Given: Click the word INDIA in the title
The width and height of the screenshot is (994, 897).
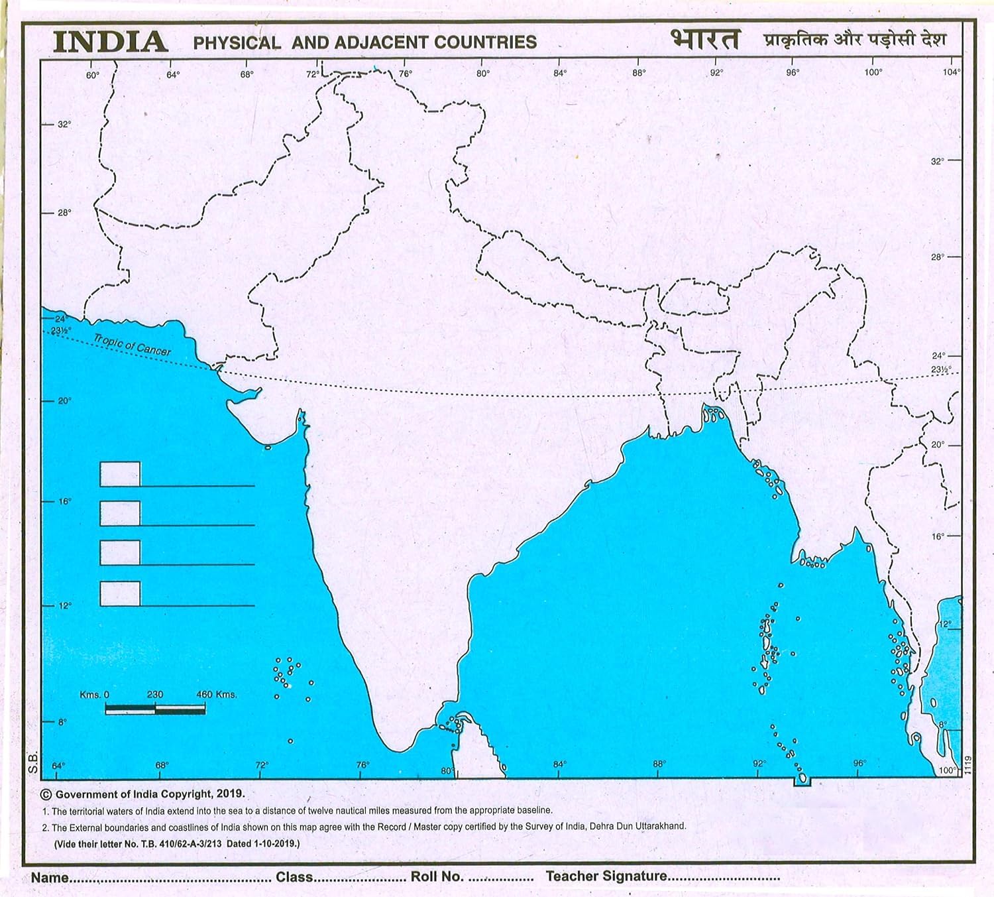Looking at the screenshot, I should [110, 42].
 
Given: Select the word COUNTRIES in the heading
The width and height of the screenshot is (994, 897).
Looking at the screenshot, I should [485, 42].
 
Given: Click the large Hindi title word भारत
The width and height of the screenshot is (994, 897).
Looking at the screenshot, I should [704, 39].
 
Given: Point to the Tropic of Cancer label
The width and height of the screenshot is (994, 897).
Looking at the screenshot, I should [132, 345].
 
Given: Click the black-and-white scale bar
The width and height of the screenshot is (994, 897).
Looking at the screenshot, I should [155, 709].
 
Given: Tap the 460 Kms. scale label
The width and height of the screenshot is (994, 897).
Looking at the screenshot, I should [217, 695].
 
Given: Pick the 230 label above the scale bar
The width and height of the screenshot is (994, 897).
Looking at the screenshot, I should [155, 695].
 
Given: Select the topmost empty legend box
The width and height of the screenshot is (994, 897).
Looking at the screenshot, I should [120, 474].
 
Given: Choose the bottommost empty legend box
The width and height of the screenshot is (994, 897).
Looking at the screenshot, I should [120, 593].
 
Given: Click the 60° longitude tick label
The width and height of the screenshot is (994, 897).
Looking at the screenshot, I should [93, 75].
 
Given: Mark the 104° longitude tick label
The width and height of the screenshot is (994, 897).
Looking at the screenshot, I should [951, 72].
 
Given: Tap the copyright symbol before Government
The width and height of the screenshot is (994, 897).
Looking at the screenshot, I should [46, 794].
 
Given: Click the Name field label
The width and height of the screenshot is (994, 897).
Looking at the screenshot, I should [50, 877].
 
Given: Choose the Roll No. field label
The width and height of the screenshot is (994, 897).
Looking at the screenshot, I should [437, 876].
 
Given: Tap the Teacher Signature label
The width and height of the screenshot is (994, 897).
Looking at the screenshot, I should [606, 876].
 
